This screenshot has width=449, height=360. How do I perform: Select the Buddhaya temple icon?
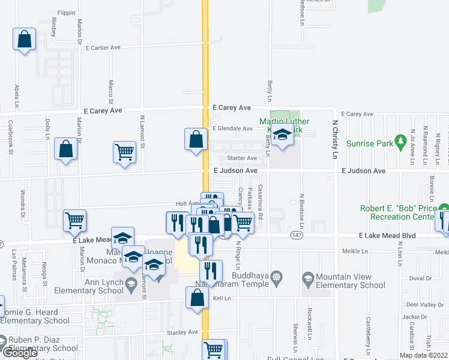276,278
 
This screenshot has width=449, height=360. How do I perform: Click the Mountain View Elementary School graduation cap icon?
308,278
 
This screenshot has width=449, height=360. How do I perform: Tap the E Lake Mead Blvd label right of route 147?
387,236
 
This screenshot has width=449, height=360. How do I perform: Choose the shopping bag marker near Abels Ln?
23,40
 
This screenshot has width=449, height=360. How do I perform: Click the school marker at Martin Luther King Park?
280,137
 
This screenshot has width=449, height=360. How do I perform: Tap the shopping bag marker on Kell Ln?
197,298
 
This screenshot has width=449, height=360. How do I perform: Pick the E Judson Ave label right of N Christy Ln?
363,171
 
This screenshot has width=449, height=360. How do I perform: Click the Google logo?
20,353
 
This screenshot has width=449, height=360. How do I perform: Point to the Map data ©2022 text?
424,355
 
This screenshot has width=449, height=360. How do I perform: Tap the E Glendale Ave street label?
232,128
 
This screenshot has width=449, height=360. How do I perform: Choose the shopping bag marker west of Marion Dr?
65,149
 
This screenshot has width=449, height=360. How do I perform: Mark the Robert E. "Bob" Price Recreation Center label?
397,212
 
